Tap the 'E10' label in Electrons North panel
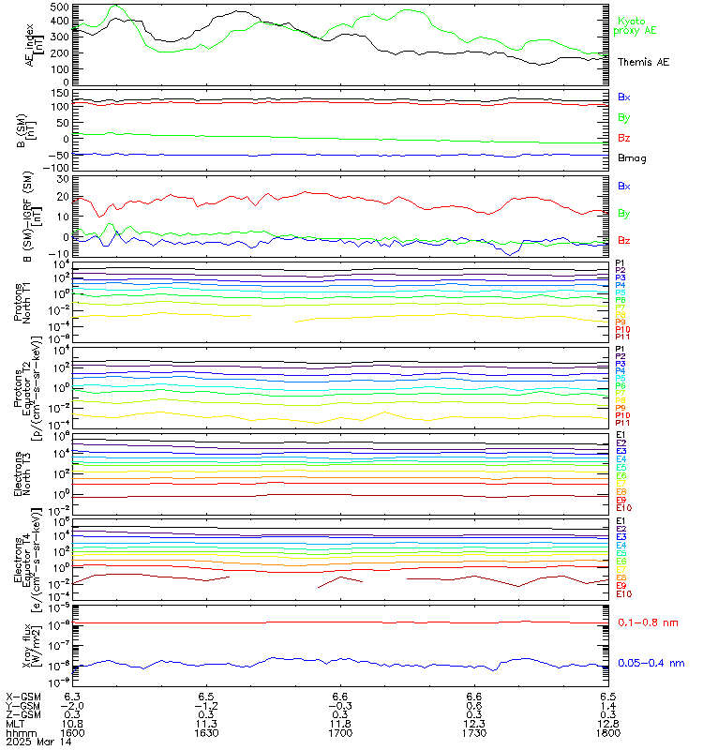pos(623,507)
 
